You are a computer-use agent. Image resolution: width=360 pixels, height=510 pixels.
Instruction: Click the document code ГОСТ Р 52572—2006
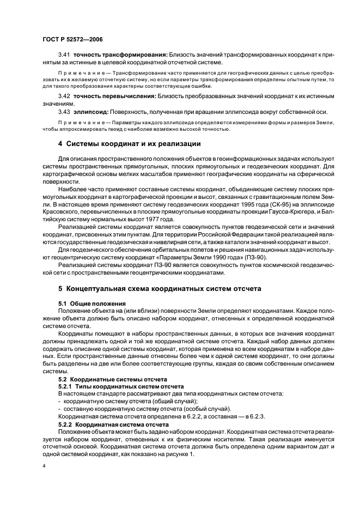(x=72, y=39)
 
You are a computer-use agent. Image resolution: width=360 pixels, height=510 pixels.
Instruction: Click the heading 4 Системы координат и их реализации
(x=130, y=144)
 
